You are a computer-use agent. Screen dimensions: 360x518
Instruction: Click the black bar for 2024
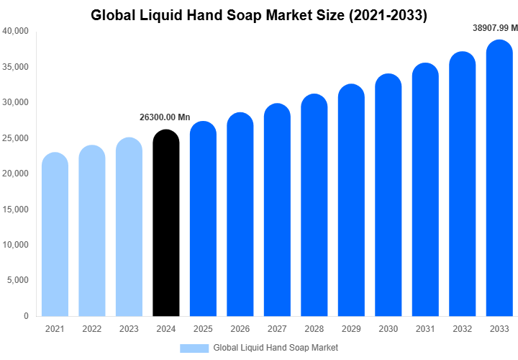[x=166, y=223]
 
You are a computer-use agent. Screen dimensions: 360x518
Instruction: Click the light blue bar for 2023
[x=129, y=227]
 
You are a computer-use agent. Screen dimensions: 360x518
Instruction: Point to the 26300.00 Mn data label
[x=165, y=117]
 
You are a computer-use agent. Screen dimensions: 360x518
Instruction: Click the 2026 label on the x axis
[x=240, y=329]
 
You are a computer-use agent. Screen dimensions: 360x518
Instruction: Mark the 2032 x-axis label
[x=463, y=329]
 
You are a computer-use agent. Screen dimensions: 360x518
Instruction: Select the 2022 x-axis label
[x=92, y=329]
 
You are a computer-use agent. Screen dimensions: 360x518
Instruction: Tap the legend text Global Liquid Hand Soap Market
[x=276, y=348]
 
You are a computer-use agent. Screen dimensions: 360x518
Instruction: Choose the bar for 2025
[x=203, y=219]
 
